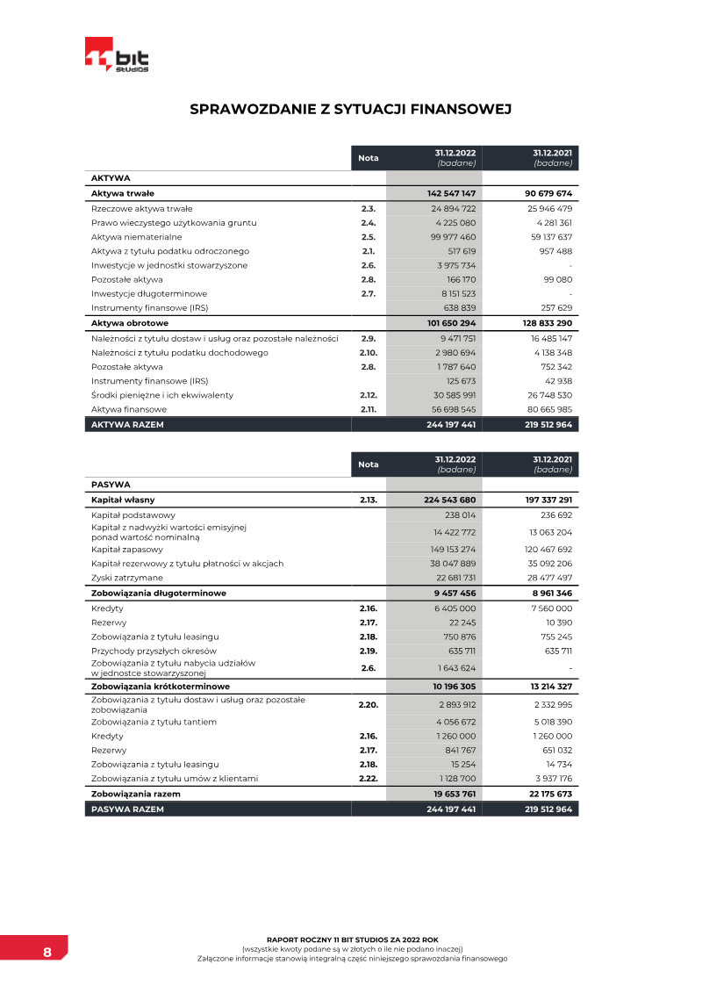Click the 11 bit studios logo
click(117, 55)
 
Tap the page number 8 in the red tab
click(47, 953)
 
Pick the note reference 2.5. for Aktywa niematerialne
click(368, 237)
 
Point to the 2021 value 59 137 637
click(548, 237)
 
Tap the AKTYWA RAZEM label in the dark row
click(127, 424)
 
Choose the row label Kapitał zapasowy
click(127, 550)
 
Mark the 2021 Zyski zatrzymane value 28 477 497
click(548, 578)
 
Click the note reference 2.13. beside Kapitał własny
click(368, 500)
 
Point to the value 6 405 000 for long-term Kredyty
click(455, 608)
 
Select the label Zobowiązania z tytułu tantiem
click(154, 722)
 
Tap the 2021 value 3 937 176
click(549, 778)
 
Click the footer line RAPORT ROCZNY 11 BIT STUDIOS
click(352, 939)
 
